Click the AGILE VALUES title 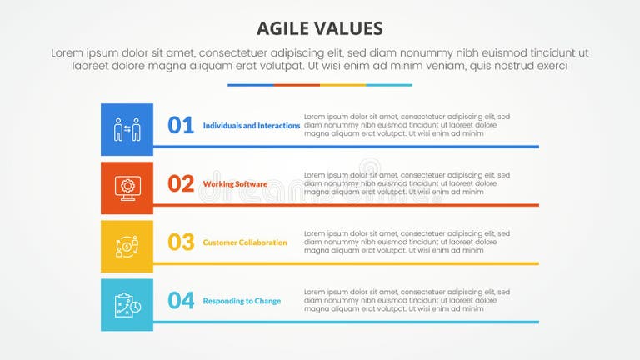pos(320,27)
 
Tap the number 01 pos(181,125)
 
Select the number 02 pos(181,183)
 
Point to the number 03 pos(181,242)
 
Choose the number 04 pos(181,300)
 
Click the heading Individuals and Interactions pos(252,126)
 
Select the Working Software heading pos(235,184)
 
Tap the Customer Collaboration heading pos(245,242)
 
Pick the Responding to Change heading pos(242,301)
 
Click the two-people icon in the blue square pos(127,129)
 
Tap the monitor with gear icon pos(127,187)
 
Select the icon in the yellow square pos(127,246)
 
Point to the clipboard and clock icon pos(127,304)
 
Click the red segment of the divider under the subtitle pos(297,85)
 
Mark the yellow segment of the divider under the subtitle pos(342,85)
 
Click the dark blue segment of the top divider pos(251,85)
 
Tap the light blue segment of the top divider pos(389,85)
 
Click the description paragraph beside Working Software pos(407,183)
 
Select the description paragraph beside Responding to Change pos(407,300)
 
